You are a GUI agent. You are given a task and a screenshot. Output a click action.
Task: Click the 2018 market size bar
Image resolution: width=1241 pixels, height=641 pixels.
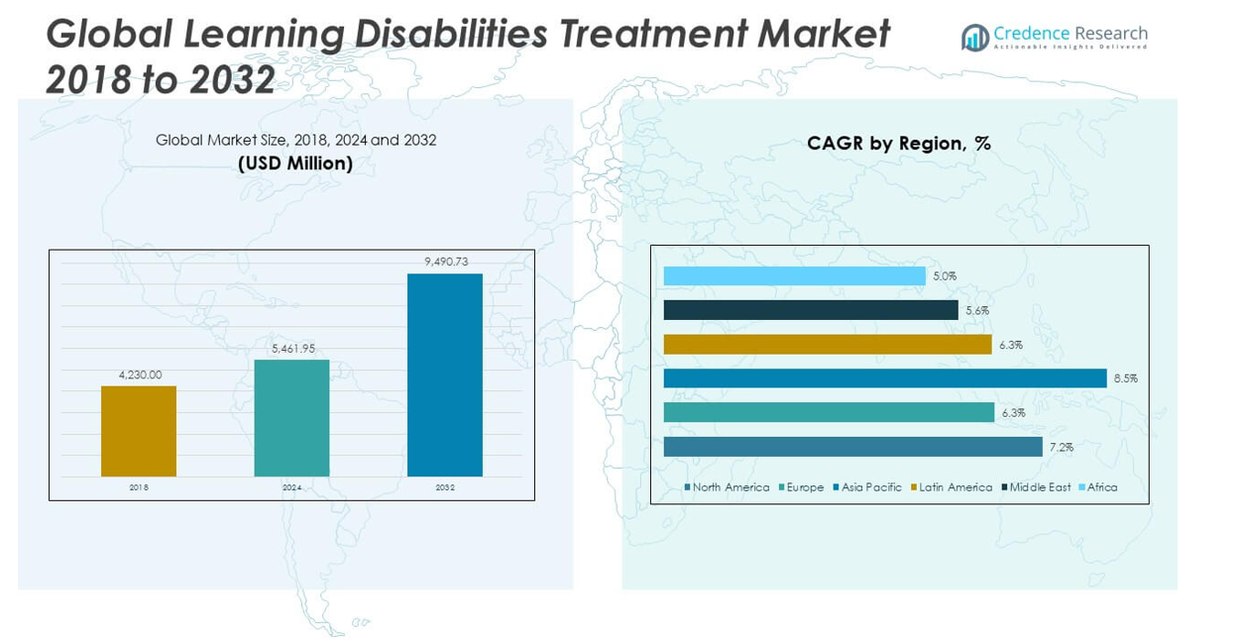point(139,431)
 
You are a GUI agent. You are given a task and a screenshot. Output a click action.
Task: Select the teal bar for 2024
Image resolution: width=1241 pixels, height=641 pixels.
point(292,418)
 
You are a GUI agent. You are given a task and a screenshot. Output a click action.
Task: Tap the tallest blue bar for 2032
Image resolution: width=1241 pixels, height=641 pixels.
point(445,374)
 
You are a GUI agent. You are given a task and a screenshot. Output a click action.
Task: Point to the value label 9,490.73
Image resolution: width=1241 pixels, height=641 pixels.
point(446,262)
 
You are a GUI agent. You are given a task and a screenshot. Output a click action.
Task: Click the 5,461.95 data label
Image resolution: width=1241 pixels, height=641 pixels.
point(293,348)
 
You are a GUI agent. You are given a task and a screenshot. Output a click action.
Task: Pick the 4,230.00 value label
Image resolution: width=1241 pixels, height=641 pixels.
point(140,374)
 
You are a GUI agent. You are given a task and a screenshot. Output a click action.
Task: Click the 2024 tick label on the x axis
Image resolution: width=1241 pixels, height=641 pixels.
point(292,487)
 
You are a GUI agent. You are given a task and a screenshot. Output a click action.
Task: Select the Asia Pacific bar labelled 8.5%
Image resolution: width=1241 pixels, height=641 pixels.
point(885,378)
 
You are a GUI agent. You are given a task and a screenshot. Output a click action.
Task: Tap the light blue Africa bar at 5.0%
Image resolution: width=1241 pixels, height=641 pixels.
point(795,276)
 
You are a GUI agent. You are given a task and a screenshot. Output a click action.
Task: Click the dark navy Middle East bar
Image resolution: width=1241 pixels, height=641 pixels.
point(811,310)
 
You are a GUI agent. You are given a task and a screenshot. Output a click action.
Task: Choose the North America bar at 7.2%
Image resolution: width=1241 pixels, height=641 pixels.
point(852,447)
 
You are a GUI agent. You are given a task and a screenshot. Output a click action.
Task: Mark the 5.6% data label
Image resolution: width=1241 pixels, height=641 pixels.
point(977,310)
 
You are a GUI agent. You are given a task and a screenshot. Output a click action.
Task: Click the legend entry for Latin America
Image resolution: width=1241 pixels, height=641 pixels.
point(952,487)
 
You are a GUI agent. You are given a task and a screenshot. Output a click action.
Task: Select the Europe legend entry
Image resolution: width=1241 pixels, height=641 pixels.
point(801,487)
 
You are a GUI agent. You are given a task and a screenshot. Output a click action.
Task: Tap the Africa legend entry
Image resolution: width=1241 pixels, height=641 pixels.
point(1098,487)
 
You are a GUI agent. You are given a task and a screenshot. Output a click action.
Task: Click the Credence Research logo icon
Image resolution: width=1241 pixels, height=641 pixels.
point(975,38)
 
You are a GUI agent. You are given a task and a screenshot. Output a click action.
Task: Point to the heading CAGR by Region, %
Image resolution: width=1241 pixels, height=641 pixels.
point(899,144)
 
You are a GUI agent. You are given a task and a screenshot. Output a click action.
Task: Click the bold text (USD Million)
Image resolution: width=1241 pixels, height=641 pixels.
point(295,163)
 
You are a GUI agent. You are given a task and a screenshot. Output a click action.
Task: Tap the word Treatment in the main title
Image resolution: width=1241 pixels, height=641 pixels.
point(653,34)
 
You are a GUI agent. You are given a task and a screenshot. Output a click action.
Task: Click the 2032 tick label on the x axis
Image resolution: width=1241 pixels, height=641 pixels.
point(445,487)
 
